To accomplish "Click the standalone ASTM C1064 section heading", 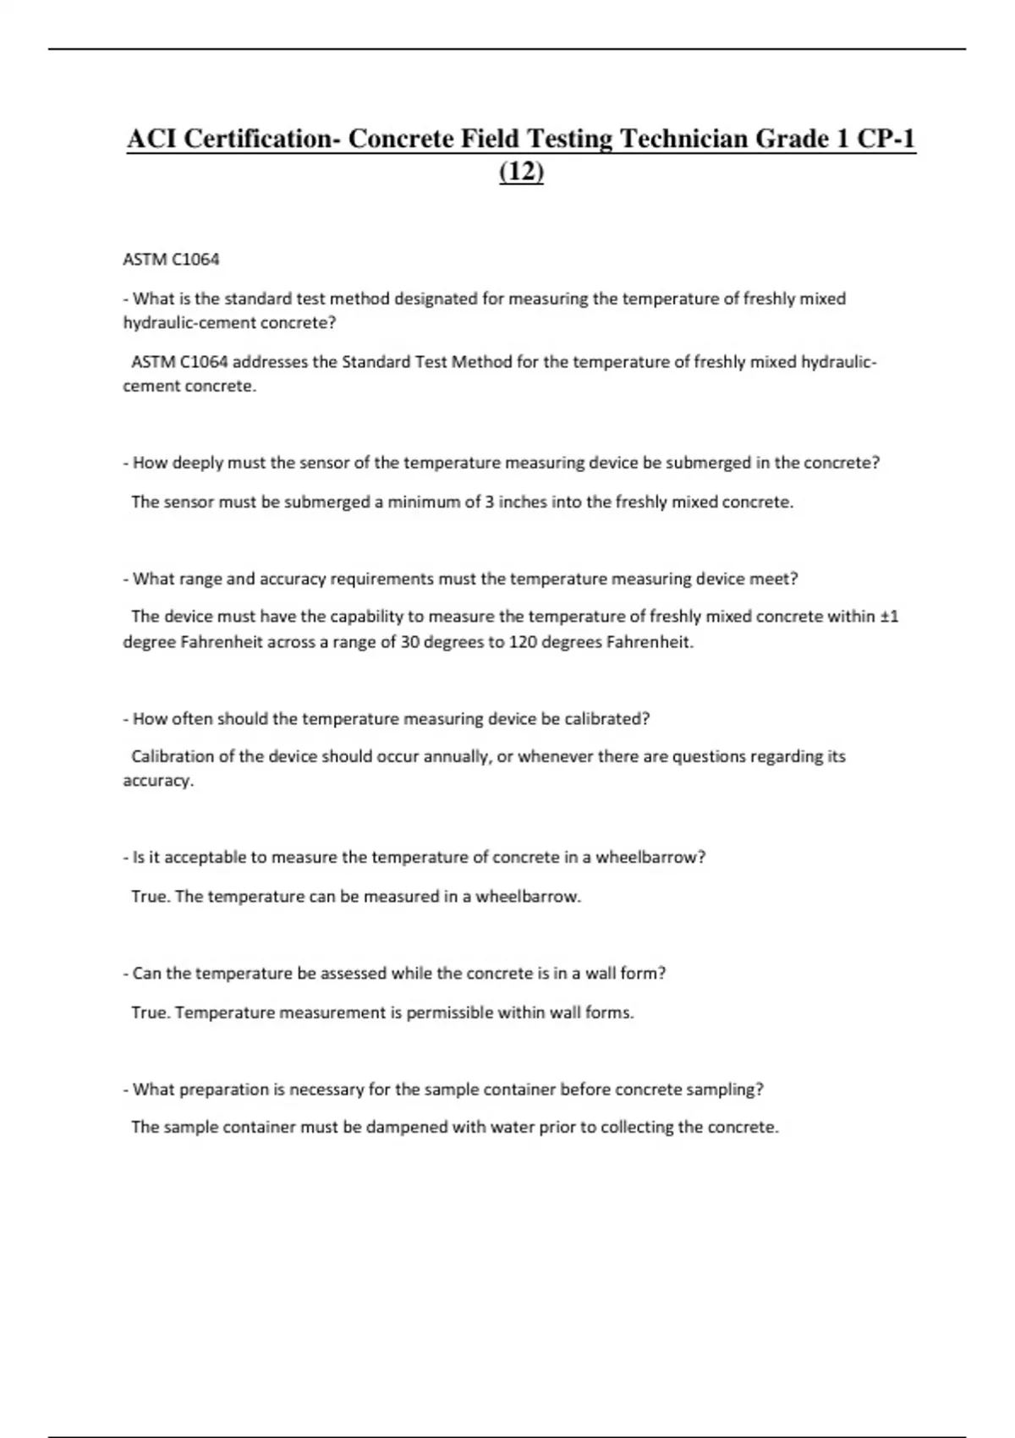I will pos(171,260).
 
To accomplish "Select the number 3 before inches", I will pos(489,502).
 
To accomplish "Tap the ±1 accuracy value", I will pos(889,617).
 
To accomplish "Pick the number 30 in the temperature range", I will pos(410,642).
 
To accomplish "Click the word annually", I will pos(456,756).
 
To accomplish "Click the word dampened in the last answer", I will pos(407,1128).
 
